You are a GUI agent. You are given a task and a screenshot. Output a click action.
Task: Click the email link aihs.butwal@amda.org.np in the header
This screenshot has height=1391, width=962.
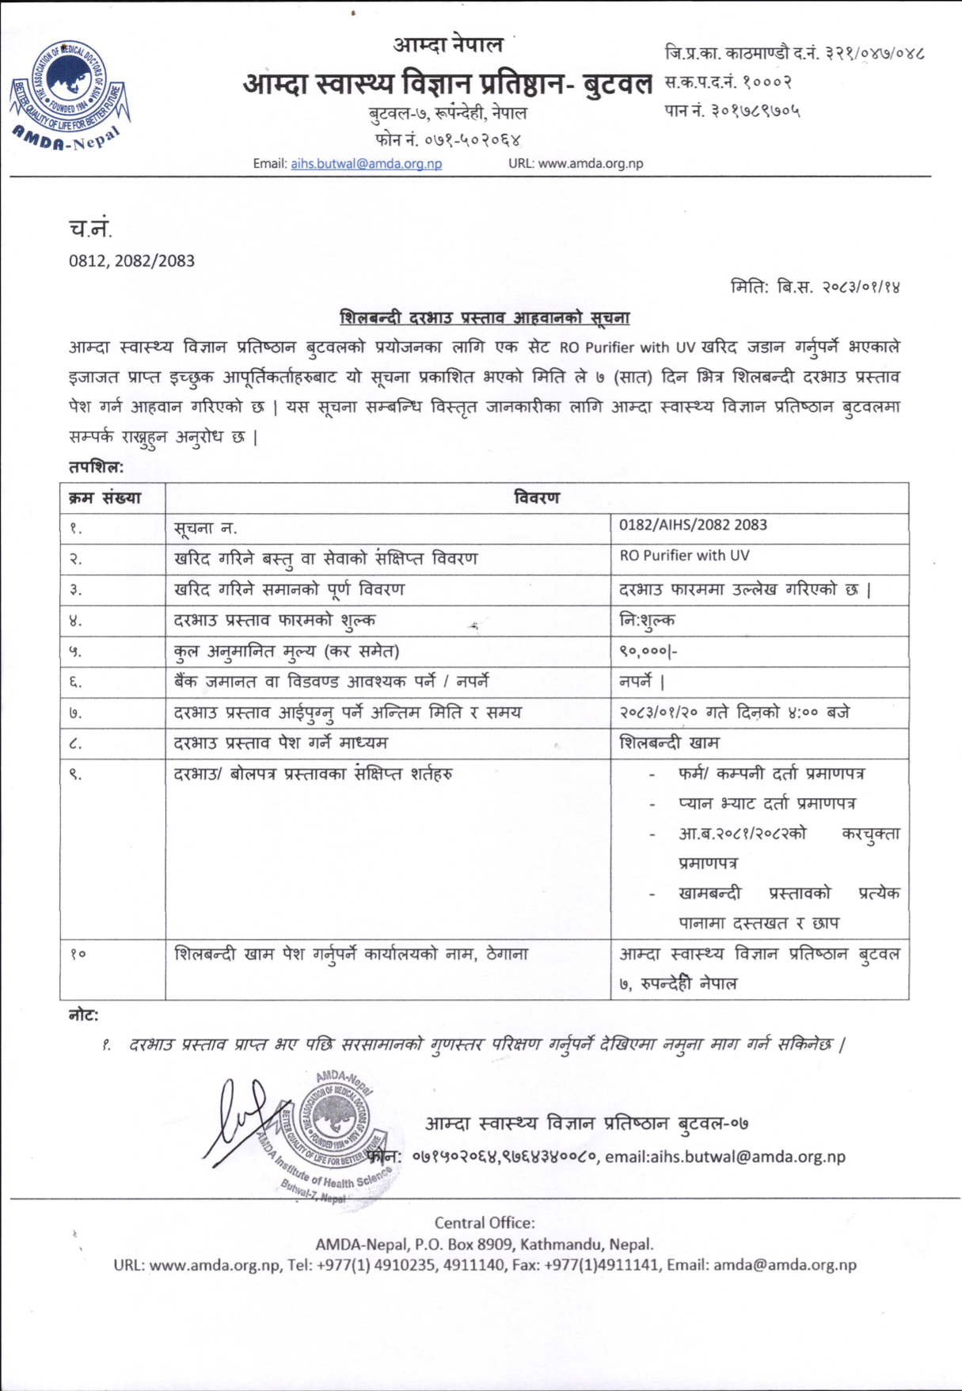tap(366, 164)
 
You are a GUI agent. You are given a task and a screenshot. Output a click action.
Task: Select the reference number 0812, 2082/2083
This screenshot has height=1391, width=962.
tap(131, 260)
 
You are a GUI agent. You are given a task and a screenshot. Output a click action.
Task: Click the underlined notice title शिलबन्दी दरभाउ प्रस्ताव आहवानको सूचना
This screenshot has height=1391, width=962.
tap(485, 317)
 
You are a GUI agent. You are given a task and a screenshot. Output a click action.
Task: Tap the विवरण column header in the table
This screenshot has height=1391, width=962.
tap(536, 498)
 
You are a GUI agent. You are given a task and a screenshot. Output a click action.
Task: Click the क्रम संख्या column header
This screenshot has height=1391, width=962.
tap(105, 498)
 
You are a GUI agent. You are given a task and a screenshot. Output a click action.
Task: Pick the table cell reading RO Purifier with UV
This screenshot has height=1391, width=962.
tap(684, 556)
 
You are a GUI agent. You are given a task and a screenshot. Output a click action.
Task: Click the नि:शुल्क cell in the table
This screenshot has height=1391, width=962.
tap(648, 620)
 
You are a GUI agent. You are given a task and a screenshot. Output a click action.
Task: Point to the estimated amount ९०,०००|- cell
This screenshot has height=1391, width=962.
tap(648, 652)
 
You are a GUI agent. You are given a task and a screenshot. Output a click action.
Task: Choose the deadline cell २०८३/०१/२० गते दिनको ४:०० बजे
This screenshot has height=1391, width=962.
tap(734, 713)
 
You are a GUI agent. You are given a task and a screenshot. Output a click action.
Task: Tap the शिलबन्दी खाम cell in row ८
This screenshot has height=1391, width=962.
tap(669, 743)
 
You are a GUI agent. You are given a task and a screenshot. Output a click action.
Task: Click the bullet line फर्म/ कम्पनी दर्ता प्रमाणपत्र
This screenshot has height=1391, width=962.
tap(770, 773)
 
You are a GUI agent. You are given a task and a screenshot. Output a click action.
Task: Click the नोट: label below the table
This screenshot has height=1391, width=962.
tap(83, 1015)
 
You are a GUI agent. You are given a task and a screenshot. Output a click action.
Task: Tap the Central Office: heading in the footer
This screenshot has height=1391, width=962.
tap(485, 1222)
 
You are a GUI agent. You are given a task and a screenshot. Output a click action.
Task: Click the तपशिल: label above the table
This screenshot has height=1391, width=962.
tap(96, 467)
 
